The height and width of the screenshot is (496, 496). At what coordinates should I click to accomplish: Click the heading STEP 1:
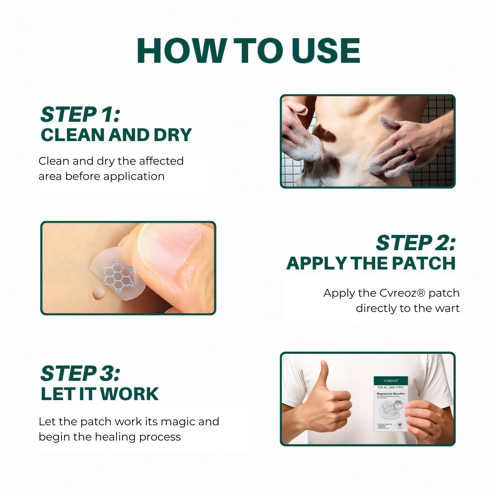coord(80,115)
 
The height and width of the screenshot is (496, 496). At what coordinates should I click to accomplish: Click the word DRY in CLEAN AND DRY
coord(172,135)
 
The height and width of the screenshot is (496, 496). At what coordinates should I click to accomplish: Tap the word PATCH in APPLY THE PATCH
coord(424,264)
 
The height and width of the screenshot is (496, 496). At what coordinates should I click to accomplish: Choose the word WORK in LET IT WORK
coord(129,394)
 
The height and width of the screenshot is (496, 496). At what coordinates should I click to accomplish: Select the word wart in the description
coord(447,308)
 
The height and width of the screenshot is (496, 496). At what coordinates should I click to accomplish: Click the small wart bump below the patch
coord(99,293)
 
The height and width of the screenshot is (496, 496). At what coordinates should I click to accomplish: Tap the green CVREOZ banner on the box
coord(391,381)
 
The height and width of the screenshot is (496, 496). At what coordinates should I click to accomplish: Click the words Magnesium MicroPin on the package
coord(391,394)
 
